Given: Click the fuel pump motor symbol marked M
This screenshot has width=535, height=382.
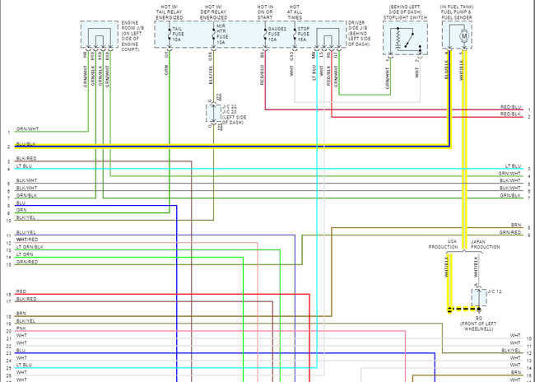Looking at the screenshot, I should point(463,36).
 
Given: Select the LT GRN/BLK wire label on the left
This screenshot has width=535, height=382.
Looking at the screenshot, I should point(30,247).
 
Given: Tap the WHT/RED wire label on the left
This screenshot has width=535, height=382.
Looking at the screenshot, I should point(26,240).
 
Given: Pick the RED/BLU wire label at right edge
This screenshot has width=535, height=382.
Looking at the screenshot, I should point(510,108).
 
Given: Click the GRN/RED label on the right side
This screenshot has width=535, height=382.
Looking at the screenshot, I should point(510,233).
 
